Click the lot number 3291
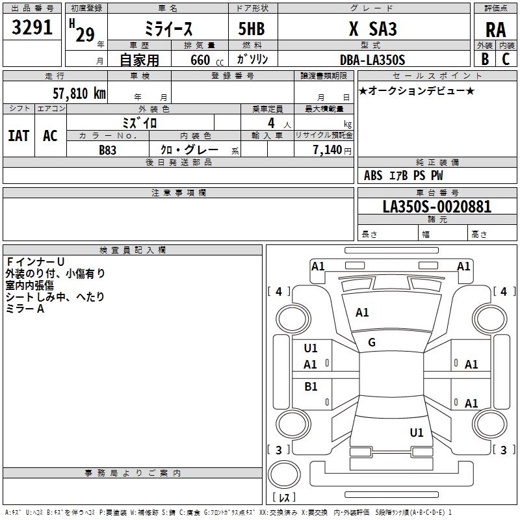[x=32, y=27]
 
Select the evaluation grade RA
[x=495, y=30]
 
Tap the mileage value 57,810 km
[x=79, y=93]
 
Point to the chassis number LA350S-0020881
[x=437, y=207]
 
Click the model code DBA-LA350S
[x=372, y=60]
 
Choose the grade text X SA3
[x=372, y=29]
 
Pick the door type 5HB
[x=252, y=29]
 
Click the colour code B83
[x=107, y=150]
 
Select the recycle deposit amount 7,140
[x=328, y=150]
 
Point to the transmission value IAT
[x=19, y=136]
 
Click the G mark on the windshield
[x=372, y=343]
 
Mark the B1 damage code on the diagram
[x=311, y=386]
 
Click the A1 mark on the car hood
[x=362, y=313]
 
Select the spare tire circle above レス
[x=284, y=474]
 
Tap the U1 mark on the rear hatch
[x=417, y=432]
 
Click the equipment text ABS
[x=373, y=175]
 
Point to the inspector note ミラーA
[x=25, y=309]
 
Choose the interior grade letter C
[x=506, y=59]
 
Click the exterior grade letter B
[x=485, y=59]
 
